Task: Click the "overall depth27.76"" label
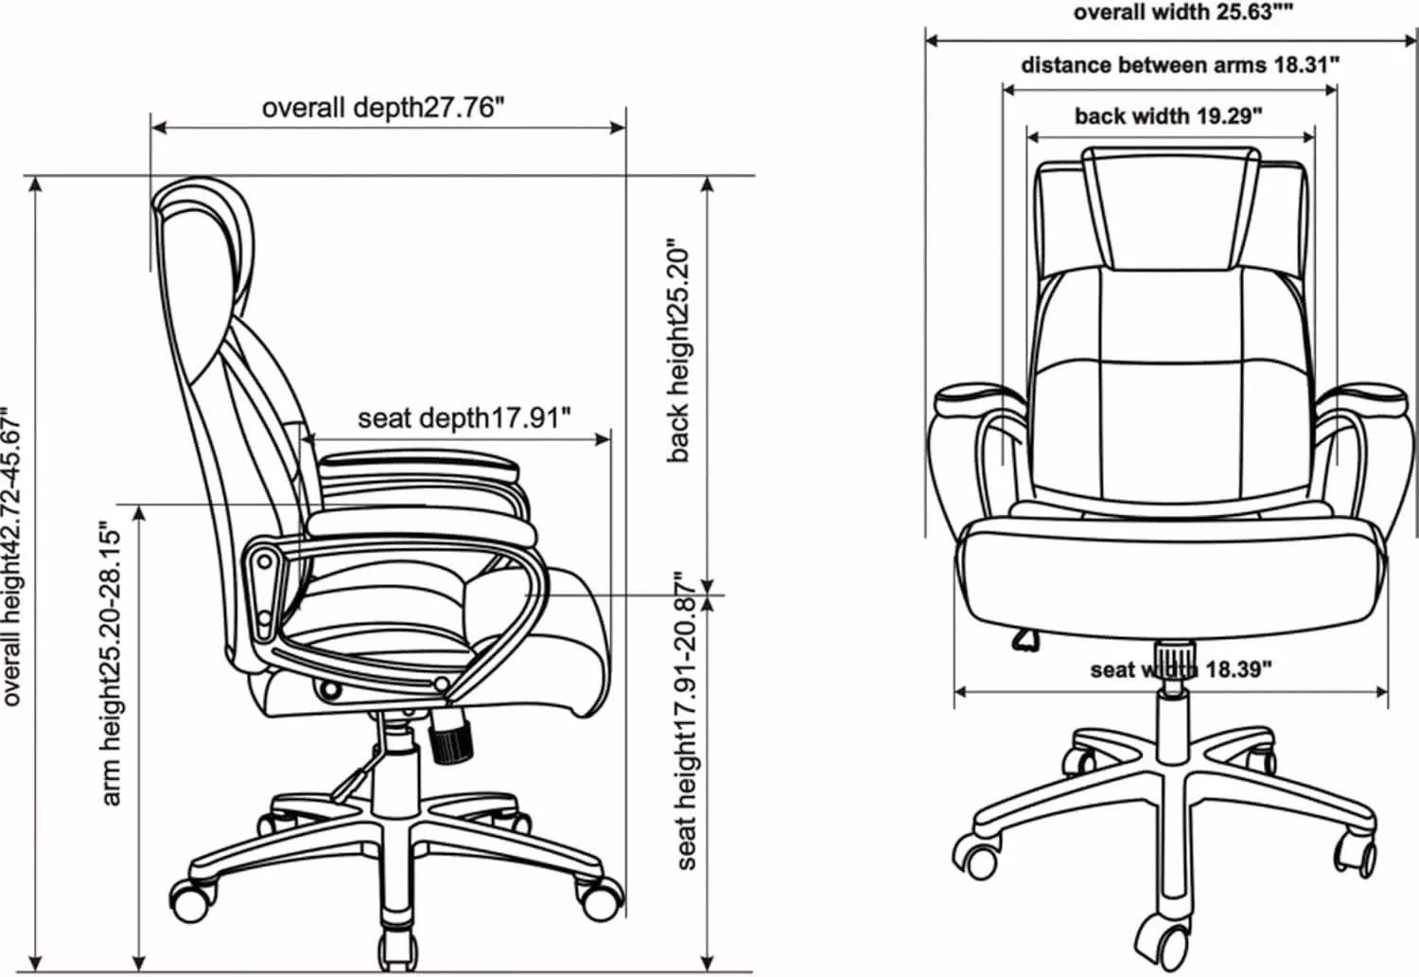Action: click(383, 108)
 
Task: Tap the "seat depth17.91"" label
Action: click(464, 418)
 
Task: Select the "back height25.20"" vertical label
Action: click(678, 350)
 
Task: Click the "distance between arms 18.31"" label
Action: click(1181, 64)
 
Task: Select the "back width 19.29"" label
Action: click(1168, 116)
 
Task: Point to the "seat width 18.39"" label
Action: click(1181, 669)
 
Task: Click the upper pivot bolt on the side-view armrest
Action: click(264, 561)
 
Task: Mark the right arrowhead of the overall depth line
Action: click(618, 128)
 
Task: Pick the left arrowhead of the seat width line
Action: click(961, 692)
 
